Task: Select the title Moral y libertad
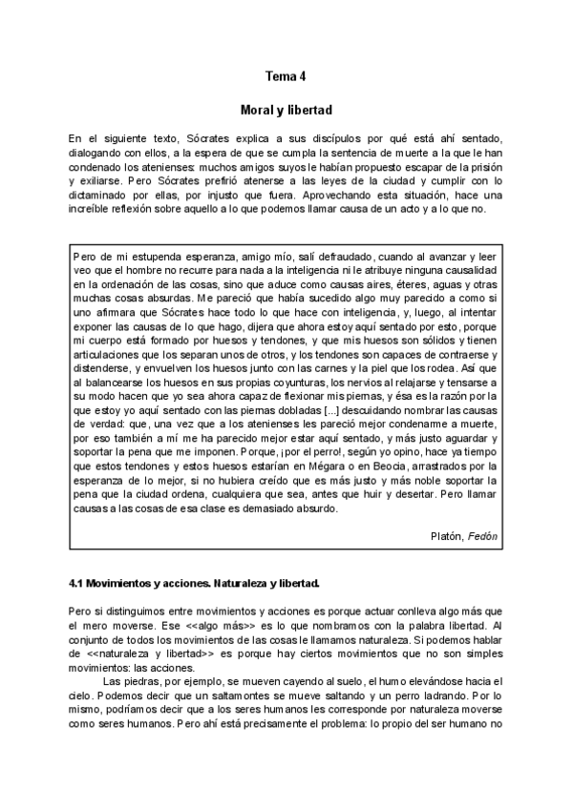coord(286,110)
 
